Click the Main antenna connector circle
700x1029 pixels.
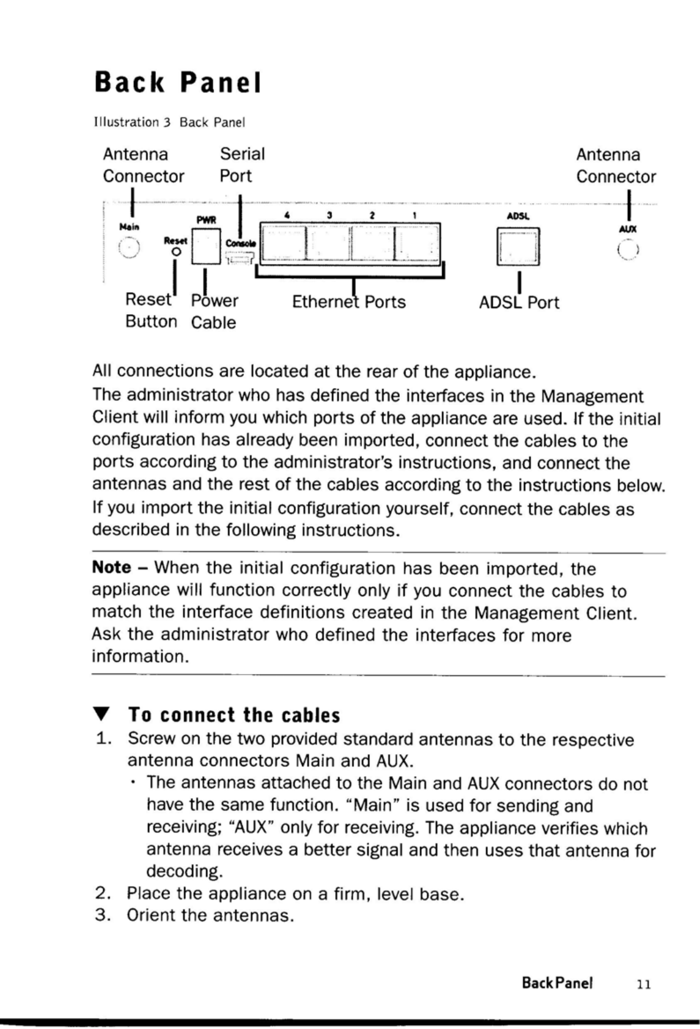point(129,247)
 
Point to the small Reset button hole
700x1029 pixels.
point(175,251)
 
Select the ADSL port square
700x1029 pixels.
point(518,246)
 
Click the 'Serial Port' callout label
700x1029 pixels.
point(242,165)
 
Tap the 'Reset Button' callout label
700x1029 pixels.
point(150,310)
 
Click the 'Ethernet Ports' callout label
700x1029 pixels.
point(348,302)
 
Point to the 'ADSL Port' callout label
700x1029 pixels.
point(519,302)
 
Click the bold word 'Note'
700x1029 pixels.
point(111,568)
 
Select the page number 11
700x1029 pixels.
point(643,984)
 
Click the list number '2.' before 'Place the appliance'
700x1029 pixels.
point(103,894)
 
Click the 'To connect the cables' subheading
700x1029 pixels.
point(234,715)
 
